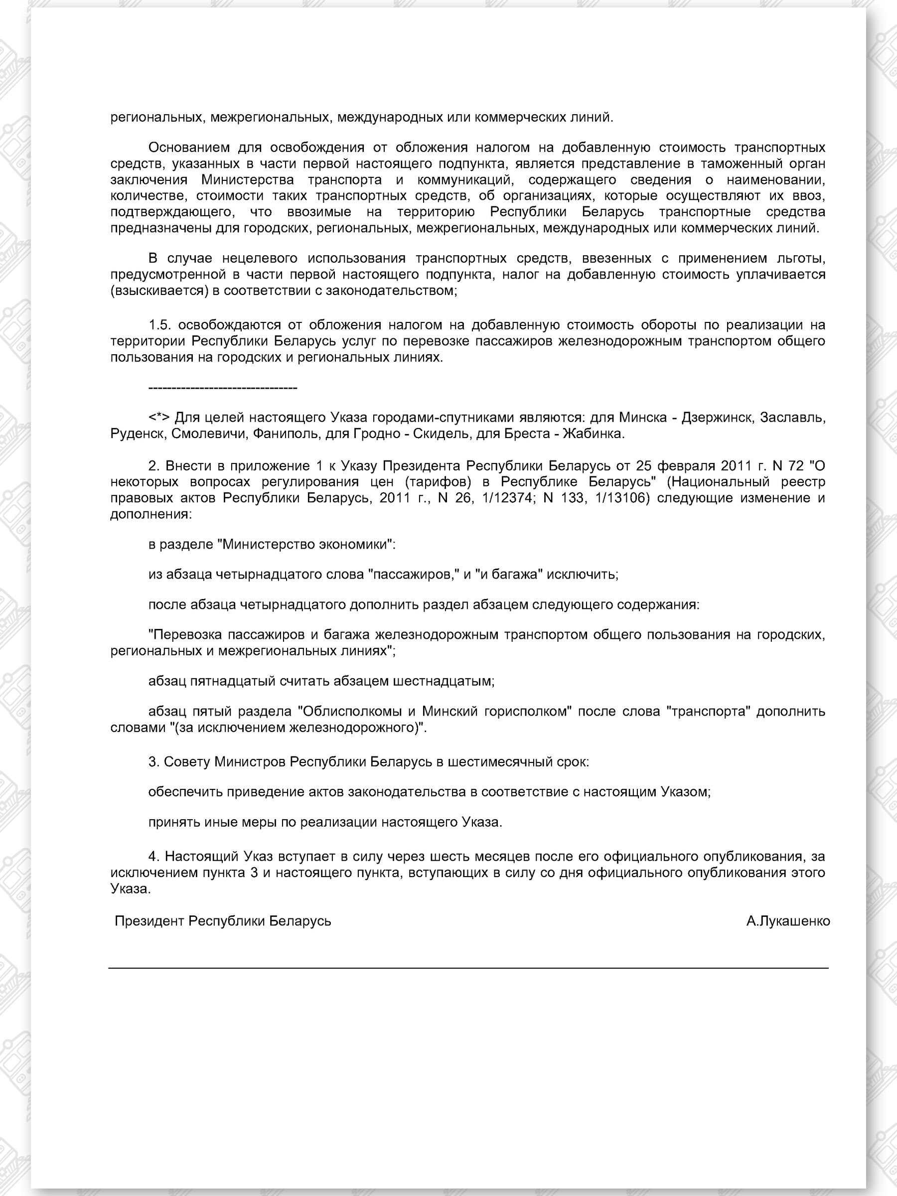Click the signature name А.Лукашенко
[788, 921]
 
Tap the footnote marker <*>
[159, 418]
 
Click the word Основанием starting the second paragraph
[189, 148]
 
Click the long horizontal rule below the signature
[468, 968]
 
